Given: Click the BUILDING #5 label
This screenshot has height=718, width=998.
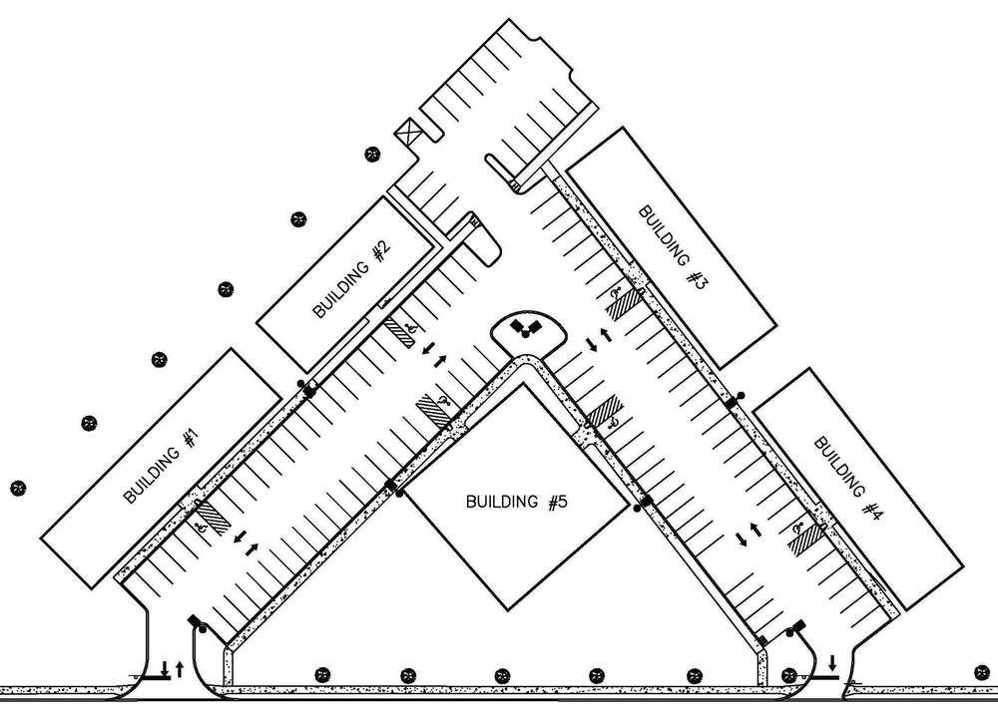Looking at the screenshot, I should tap(516, 501).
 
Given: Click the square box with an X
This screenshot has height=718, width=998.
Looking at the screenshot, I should tap(407, 134).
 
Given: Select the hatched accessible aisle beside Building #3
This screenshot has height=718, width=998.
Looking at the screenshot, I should tap(626, 301).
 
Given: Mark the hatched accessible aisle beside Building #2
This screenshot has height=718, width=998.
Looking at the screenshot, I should tap(399, 331).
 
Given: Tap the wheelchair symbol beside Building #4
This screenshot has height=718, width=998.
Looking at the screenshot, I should tap(797, 526).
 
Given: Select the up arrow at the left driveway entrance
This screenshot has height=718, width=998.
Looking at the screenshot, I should tap(180, 668).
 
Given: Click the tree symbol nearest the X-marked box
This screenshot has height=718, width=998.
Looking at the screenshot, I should tap(372, 154).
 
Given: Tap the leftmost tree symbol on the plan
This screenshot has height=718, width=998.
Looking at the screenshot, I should tap(16, 488).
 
